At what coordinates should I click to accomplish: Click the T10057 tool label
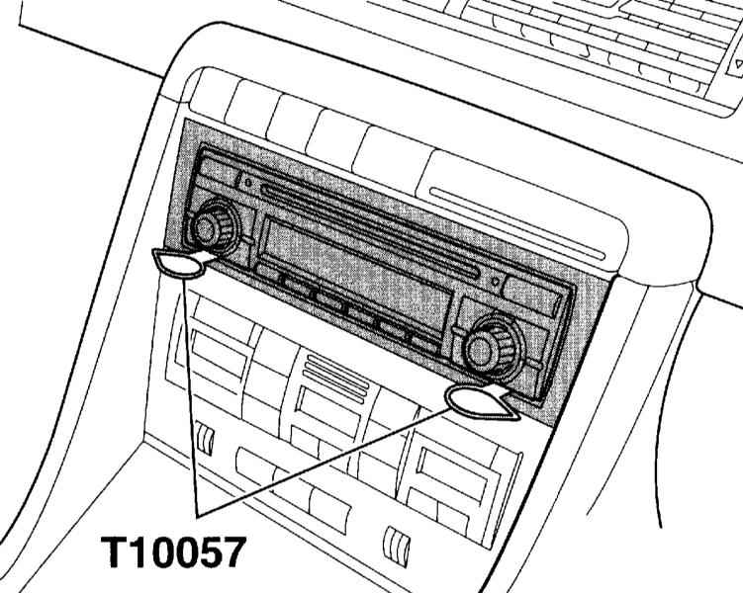click(x=173, y=551)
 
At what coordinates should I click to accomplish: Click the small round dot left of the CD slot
click(x=247, y=181)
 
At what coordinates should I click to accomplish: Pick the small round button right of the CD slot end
click(x=496, y=282)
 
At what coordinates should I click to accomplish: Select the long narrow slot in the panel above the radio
click(x=517, y=223)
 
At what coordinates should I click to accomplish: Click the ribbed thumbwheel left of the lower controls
click(x=205, y=439)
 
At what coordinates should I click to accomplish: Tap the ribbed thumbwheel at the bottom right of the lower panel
click(x=397, y=547)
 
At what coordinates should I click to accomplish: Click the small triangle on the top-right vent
click(x=739, y=63)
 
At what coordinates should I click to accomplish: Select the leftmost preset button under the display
click(x=268, y=272)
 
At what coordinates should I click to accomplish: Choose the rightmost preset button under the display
click(x=425, y=344)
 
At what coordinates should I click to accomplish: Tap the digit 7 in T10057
click(x=232, y=551)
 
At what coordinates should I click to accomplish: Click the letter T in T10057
click(x=114, y=551)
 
